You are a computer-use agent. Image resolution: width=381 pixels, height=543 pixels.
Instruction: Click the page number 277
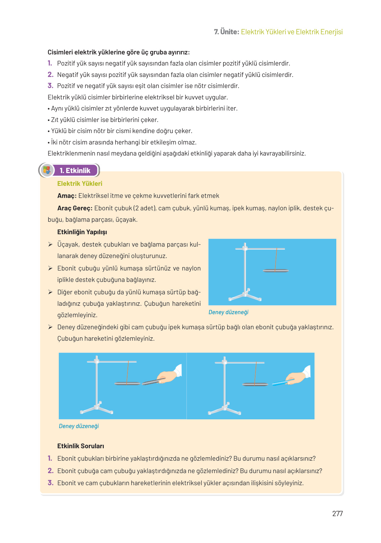(337, 513)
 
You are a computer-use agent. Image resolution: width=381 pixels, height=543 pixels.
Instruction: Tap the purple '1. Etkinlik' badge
(75, 170)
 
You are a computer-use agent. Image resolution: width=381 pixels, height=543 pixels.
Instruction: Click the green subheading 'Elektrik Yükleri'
(80, 183)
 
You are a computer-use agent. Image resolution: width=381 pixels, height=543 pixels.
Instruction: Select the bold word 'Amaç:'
(67, 196)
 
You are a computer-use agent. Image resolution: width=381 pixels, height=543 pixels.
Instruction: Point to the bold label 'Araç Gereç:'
(75, 208)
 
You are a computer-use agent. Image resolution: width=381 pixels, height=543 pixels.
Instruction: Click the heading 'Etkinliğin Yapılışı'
(82, 232)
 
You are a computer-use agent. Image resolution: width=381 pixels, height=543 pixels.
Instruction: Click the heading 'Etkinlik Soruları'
(81, 446)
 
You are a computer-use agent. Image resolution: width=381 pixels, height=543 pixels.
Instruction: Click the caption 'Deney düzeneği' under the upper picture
(228, 312)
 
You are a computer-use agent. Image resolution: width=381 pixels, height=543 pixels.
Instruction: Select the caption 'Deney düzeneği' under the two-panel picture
(79, 426)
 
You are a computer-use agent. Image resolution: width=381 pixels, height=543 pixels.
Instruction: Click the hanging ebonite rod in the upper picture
(276, 270)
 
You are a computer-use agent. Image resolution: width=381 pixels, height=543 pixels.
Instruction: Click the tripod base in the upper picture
(245, 296)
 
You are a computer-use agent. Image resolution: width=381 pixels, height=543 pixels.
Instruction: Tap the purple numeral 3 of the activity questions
(50, 483)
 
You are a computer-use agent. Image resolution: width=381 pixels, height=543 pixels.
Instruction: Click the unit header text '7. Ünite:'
(226, 32)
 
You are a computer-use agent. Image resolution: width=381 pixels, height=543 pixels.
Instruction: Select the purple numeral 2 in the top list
(50, 75)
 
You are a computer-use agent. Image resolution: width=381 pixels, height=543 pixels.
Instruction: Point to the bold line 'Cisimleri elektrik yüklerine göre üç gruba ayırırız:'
(119, 52)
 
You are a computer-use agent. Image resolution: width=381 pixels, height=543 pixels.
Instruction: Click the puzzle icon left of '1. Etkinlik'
(47, 170)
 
